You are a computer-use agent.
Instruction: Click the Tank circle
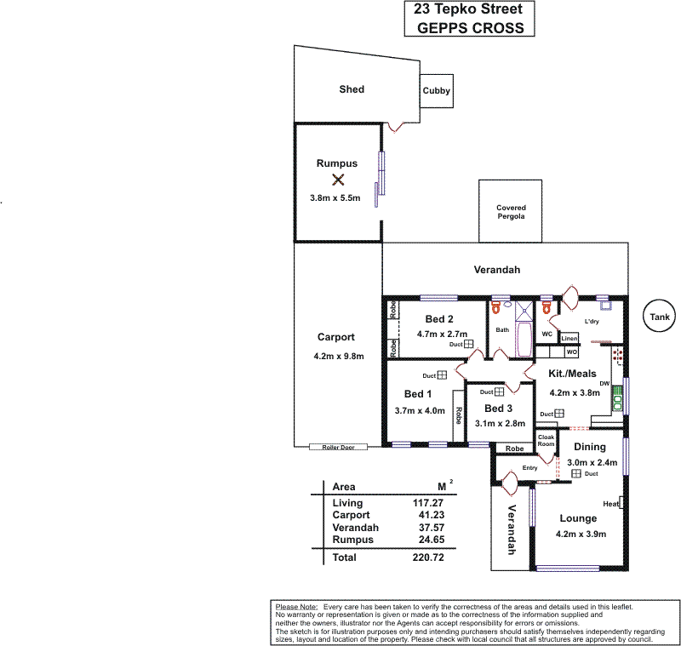660,317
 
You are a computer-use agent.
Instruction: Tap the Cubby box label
437,91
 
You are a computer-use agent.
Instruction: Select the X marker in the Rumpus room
338,180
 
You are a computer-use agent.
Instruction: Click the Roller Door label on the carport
338,447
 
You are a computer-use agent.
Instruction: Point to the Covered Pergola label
511,212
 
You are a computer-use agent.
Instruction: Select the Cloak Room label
546,441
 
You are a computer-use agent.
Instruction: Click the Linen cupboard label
569,339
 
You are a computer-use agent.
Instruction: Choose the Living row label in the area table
347,503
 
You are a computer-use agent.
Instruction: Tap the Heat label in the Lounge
610,504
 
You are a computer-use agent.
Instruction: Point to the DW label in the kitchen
605,385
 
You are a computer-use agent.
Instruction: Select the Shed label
352,89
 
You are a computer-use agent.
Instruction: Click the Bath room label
502,330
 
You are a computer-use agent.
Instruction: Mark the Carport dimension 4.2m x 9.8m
339,356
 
